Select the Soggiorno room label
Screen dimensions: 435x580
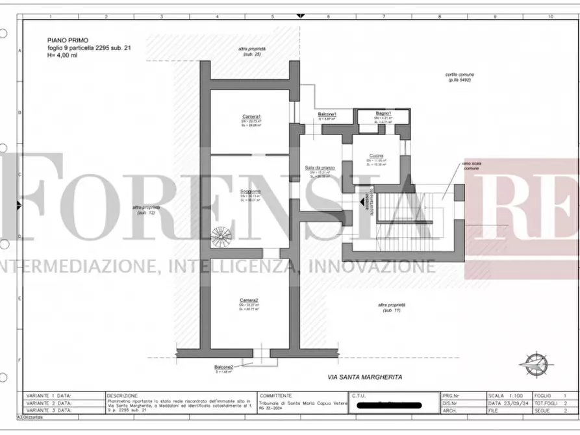(251, 191)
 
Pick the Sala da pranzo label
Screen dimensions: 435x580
(320, 168)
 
